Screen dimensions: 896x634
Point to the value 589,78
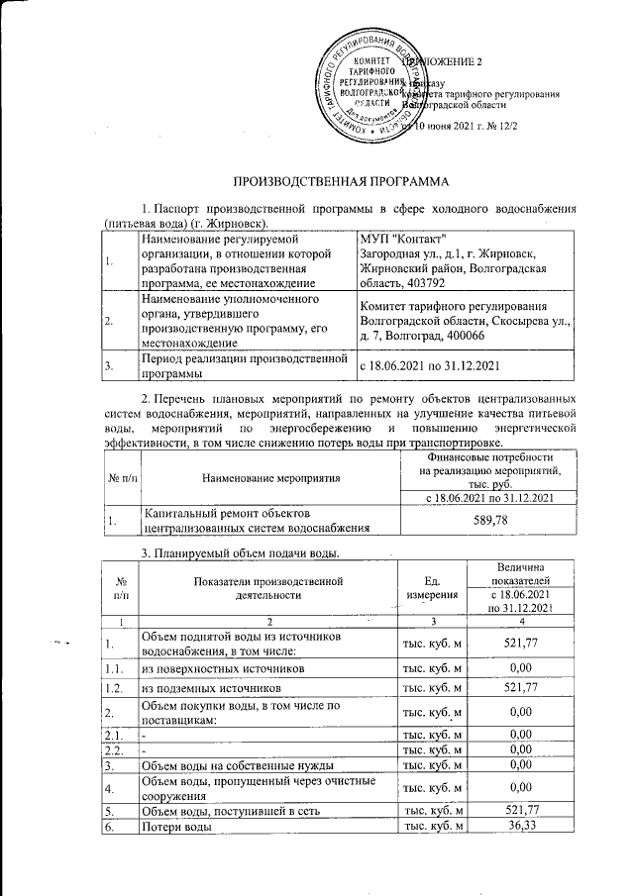[483, 519]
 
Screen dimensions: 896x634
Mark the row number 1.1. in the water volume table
[115, 669]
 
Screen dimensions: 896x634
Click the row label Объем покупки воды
[242, 712]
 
